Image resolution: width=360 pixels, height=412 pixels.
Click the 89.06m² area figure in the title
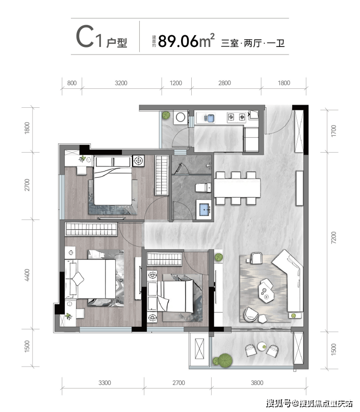pos(186,41)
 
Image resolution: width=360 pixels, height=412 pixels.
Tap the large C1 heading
pos(89,37)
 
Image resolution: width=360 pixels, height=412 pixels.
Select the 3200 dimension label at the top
pos(121,83)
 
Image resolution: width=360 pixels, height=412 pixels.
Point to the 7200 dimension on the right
pos(333,237)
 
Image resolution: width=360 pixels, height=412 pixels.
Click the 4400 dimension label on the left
pos(27,275)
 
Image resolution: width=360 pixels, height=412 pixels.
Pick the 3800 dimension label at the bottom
pos(257,383)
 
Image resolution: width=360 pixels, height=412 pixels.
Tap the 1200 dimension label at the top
pos(176,83)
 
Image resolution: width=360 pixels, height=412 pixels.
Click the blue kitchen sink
pos(210,118)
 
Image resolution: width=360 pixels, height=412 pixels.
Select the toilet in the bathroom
pos(203,187)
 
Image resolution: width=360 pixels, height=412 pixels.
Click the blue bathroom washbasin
pos(204,209)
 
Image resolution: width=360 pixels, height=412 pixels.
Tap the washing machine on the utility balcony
pos(181,117)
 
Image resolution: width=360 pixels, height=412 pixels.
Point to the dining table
pos(237,187)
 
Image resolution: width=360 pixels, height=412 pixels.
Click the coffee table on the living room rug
pos(266,293)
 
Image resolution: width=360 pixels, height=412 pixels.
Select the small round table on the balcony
pos(262,346)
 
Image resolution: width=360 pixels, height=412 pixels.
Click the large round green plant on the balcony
pos(225,360)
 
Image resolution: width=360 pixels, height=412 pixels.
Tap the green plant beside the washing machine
pos(166,115)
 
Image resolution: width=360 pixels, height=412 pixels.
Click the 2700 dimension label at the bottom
pos(178,383)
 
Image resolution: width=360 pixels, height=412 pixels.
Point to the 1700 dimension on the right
pos(333,131)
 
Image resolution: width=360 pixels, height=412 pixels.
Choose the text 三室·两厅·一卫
pos(253,43)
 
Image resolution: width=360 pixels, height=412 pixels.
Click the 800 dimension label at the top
pos(72,83)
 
